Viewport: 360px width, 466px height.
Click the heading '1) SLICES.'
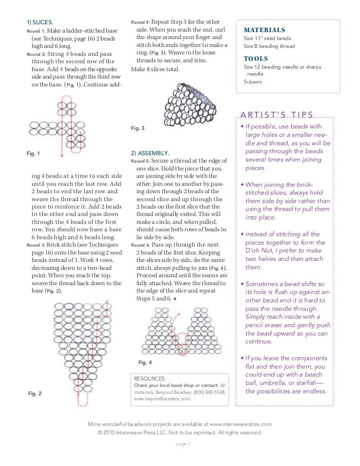pos(40,23)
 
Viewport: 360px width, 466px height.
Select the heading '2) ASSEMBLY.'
pos(150,153)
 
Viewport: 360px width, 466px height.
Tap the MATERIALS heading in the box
pos(265,30)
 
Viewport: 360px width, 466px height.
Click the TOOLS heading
pos(256,59)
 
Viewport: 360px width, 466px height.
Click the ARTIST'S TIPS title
pos(276,115)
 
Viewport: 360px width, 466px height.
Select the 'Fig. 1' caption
pos(34,154)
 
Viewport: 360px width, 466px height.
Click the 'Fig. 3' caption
pos(137,128)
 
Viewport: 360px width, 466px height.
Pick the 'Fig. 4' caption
pos(145,362)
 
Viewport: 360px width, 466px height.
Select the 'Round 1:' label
pos(35,32)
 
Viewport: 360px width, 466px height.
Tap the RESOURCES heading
pos(150,378)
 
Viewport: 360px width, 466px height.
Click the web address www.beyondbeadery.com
pos(162,398)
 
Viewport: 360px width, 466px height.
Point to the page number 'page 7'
pos(182,443)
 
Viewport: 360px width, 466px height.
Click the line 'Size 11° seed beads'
pos(267,39)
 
